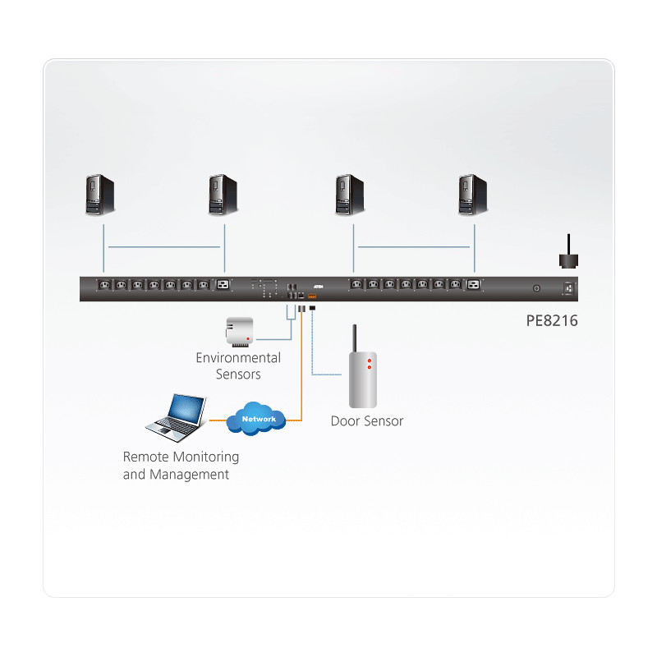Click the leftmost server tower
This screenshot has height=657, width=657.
[100, 195]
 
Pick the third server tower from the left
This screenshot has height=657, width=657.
[350, 195]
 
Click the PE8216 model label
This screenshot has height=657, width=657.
[552, 321]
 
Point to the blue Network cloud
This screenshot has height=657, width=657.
[258, 419]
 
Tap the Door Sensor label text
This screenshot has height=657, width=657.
[367, 421]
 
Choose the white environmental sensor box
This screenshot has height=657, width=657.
[237, 330]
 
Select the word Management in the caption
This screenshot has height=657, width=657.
[190, 475]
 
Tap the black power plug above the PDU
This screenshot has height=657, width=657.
[566, 257]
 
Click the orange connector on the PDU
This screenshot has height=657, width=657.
[312, 295]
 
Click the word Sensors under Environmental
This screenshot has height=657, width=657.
[238, 374]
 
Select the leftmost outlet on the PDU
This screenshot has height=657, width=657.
[104, 285]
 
